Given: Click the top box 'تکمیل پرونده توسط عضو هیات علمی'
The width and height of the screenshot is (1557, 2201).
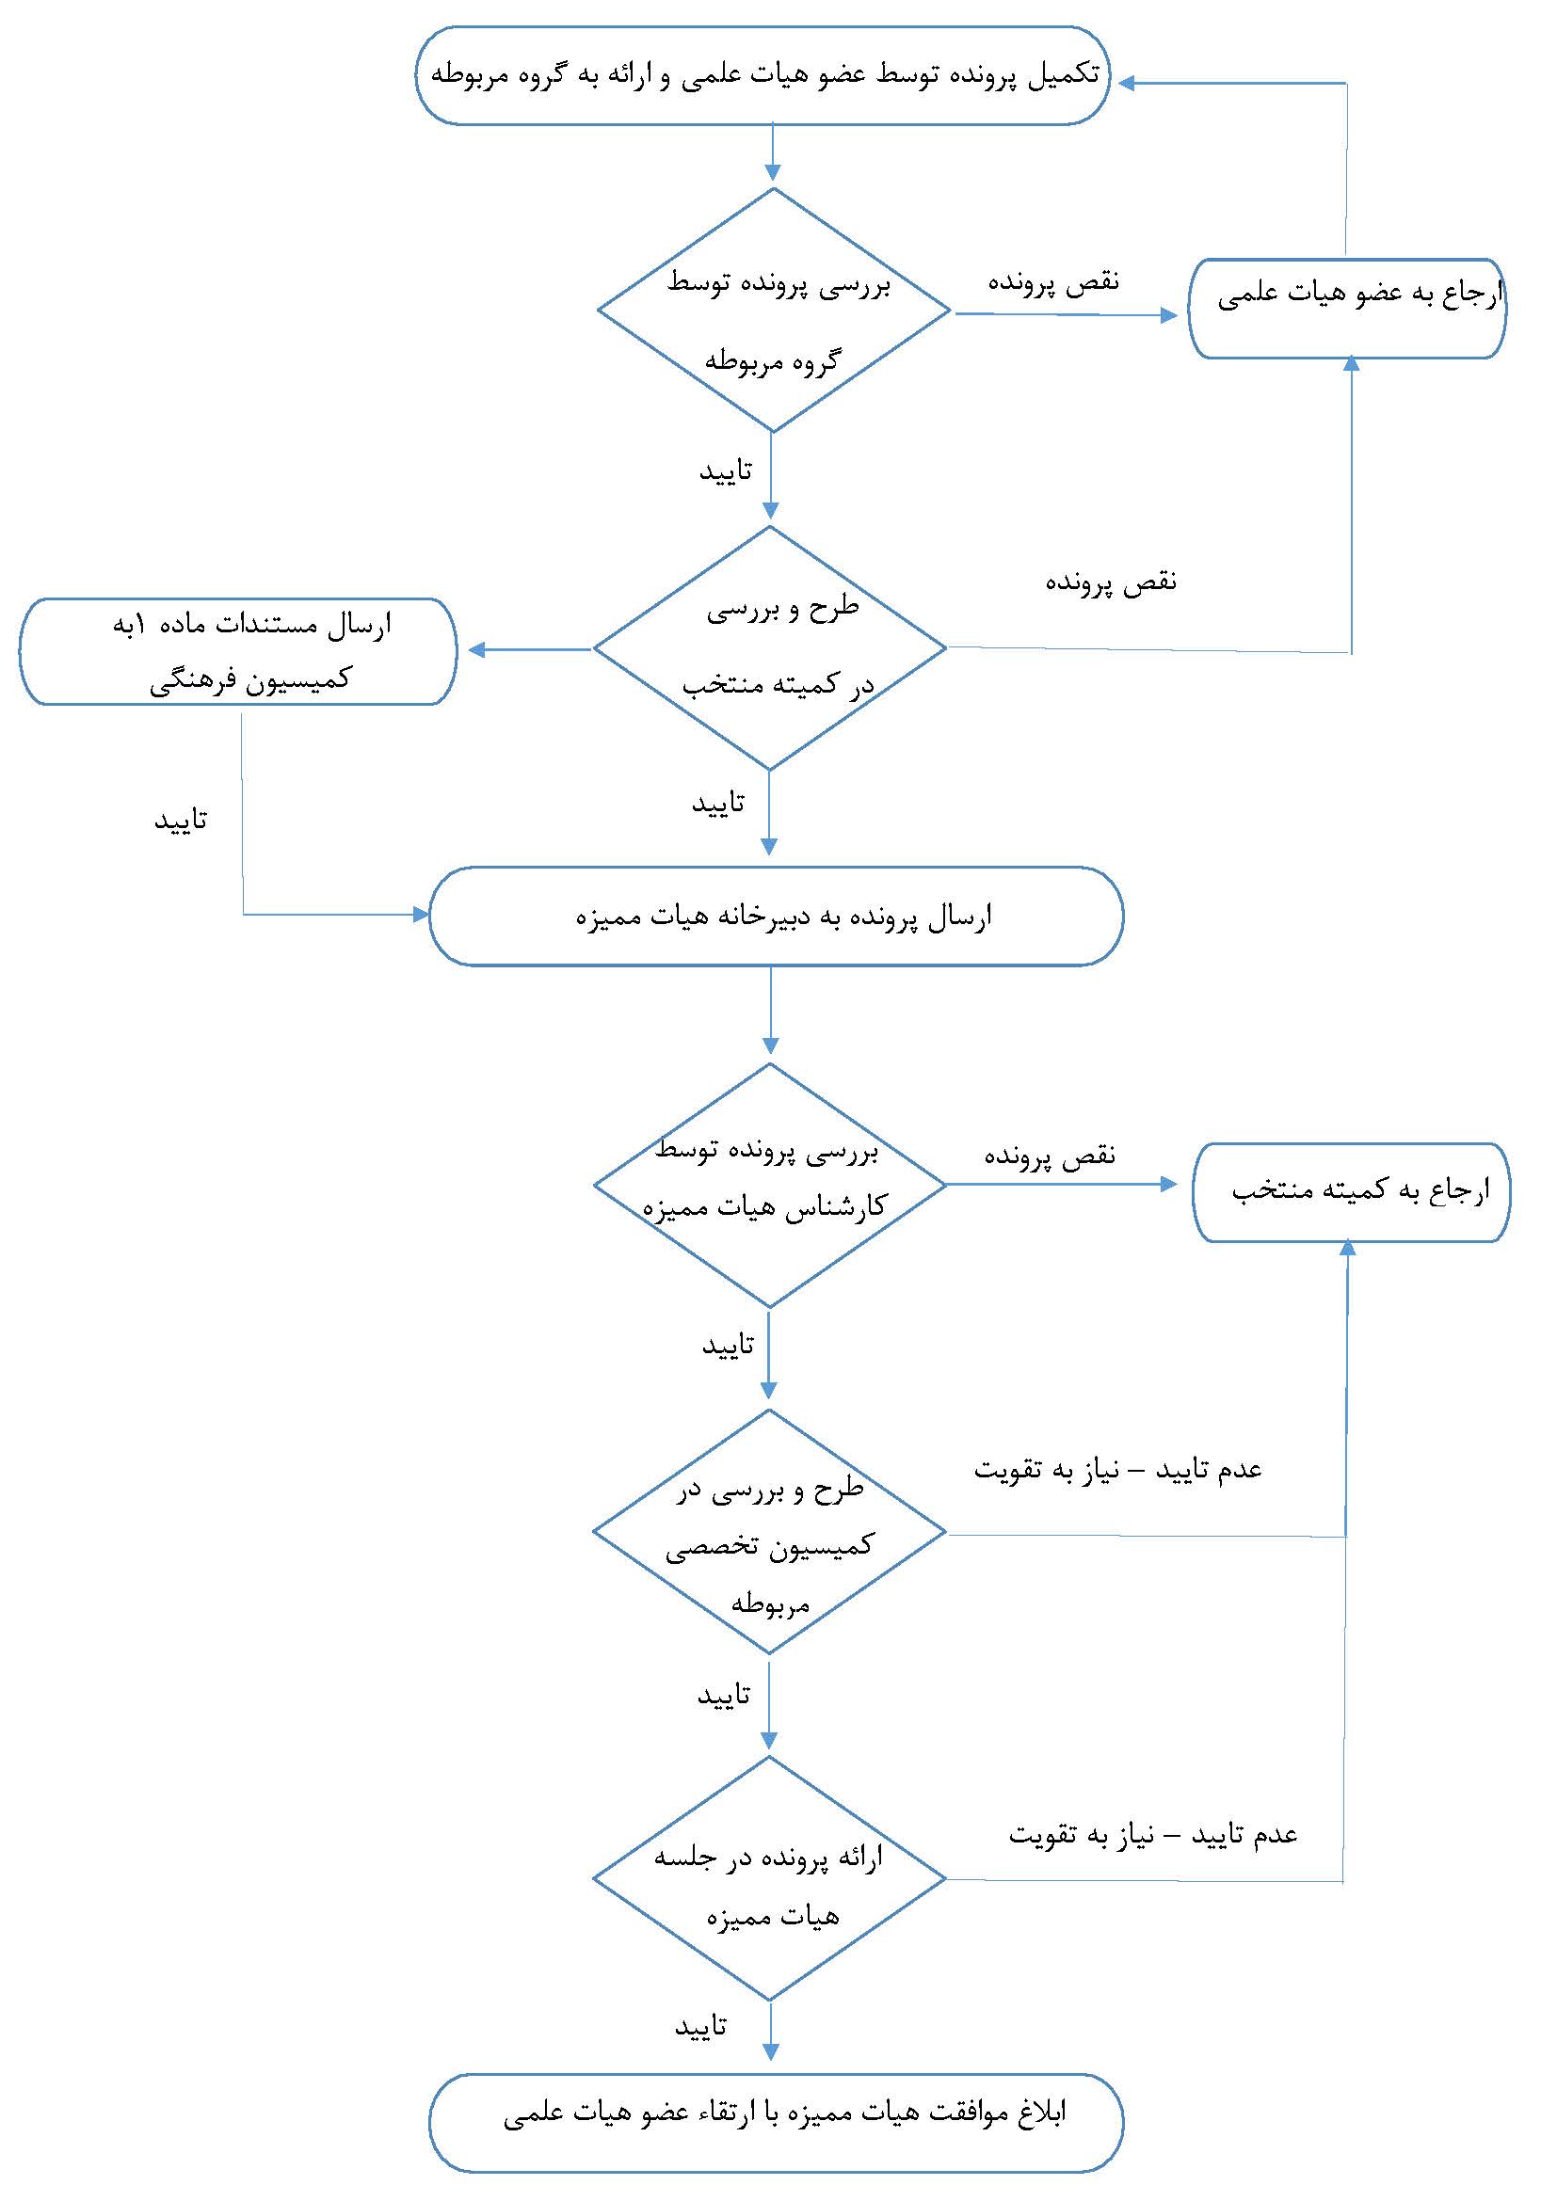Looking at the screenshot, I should point(763,75).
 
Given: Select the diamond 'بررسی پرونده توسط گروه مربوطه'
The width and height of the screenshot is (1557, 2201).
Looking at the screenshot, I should point(774,311).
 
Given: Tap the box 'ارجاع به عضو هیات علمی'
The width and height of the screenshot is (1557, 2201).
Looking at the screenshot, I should point(1347,309).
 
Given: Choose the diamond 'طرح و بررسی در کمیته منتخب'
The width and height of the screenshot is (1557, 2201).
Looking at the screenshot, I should point(770,648).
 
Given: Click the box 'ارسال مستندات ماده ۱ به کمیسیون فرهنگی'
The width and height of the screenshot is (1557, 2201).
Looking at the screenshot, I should point(238,652).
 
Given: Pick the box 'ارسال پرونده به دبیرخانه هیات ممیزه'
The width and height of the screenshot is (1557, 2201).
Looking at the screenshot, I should point(776,917).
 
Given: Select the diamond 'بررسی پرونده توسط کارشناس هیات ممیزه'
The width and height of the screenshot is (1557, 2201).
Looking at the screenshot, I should point(770,1185).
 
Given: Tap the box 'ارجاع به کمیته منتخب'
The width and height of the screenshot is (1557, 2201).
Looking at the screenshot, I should point(1351,1191).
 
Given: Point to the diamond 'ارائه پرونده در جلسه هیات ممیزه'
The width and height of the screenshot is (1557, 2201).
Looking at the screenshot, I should point(770,1878).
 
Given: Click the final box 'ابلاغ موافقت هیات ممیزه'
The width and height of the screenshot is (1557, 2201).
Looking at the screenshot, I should point(776,2122).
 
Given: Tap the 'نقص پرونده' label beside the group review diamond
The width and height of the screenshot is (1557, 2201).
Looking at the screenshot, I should point(1053,282).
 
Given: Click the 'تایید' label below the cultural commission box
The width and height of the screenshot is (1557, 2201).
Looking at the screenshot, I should point(181,821).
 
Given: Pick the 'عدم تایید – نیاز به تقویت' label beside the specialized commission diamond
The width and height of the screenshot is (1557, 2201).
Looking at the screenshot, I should point(1118,1470).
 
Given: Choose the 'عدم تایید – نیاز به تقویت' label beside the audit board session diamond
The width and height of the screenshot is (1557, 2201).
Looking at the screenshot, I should point(1152,1834).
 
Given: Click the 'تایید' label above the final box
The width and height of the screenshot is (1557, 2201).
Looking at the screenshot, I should point(701,2027).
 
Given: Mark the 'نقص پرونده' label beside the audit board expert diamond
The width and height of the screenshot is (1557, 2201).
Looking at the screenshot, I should point(1050,1156).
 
